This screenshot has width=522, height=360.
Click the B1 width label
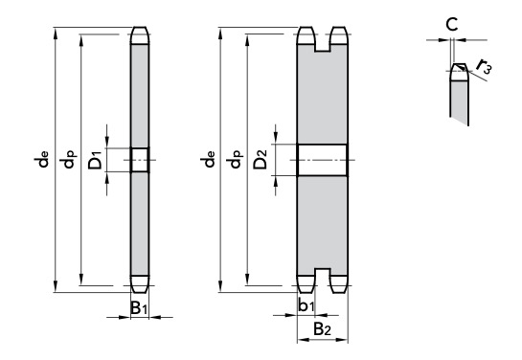pyautogui.click(x=139, y=307)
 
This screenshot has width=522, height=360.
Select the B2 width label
pyautogui.click(x=322, y=329)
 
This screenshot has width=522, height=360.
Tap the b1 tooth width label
pyautogui.click(x=306, y=305)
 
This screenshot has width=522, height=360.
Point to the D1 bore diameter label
pyautogui.click(x=95, y=160)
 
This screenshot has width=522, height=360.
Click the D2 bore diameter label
pyautogui.click(x=261, y=159)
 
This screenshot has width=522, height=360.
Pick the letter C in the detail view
pyautogui.click(x=452, y=24)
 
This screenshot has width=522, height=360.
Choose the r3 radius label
pyautogui.click(x=484, y=66)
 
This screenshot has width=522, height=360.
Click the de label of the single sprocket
pyautogui.click(x=41, y=159)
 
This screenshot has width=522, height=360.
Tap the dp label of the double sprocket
pyautogui.click(x=235, y=159)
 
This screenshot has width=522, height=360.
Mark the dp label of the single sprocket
pyautogui.click(x=68, y=159)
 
